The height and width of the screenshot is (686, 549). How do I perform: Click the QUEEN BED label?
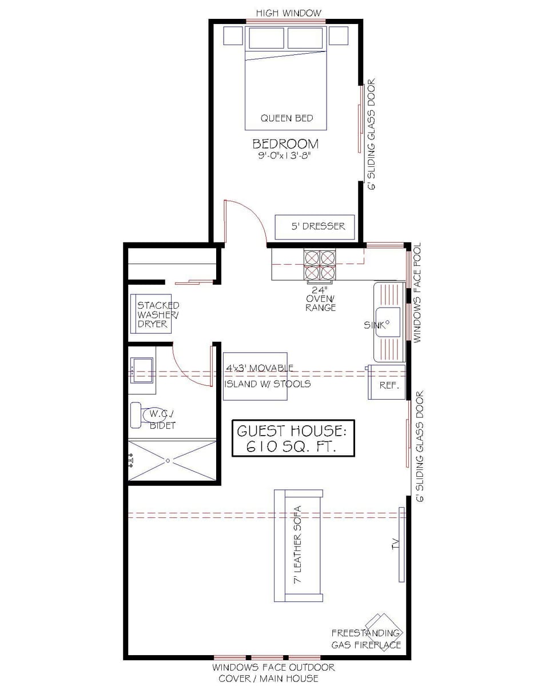287,118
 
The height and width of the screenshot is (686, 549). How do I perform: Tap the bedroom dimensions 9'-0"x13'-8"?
286,155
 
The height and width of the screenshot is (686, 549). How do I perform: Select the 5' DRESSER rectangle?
315,227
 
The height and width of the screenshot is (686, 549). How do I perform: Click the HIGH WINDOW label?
288,13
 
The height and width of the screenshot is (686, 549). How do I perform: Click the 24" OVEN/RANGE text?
321,299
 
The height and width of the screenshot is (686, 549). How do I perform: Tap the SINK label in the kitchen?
375,325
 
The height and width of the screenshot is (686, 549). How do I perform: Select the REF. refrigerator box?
387,382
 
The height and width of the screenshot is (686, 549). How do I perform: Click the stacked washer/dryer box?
152,314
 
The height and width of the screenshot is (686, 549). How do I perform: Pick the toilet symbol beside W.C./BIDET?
137,415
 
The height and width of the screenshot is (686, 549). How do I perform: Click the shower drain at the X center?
168,460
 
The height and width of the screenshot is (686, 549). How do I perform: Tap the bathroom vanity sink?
141,369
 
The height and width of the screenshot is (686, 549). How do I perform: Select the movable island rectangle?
255,376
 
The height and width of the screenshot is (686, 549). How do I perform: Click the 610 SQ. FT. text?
292,446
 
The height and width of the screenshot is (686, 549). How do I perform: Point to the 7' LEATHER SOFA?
298,545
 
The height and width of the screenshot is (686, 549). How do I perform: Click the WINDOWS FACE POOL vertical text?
417,293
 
